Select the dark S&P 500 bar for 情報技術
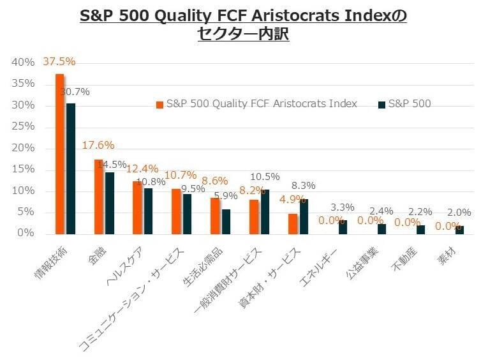pos(70,168)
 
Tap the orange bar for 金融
pos(99,196)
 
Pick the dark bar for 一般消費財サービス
pos(265,211)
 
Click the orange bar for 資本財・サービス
pos(292,223)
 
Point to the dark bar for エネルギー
pos(343,227)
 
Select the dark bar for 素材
pos(459,229)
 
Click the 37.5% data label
pos(59,62)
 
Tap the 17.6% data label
pos(98,145)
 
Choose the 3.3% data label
pos(343,207)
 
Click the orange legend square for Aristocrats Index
pos(159,104)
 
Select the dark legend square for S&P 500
pos(381,104)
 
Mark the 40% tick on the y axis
pos(23,63)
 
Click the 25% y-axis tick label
pos(23,127)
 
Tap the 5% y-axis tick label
pos(26,213)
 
